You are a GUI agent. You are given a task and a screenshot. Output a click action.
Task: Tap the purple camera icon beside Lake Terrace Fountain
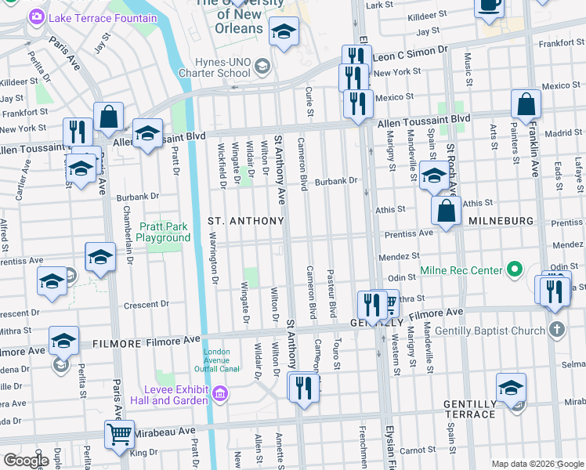(x=36, y=17)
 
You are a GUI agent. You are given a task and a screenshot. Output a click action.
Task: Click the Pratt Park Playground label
(x=165, y=232)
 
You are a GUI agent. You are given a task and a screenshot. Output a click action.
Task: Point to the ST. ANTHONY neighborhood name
(x=245, y=222)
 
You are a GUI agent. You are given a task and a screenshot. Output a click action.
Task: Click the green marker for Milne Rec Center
(x=514, y=270)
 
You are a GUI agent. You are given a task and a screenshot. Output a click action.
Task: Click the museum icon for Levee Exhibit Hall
(x=221, y=393)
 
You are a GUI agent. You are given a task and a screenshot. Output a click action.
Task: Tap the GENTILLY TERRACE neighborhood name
(x=470, y=410)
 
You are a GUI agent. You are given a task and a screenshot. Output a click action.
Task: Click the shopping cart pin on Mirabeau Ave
(x=118, y=433)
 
